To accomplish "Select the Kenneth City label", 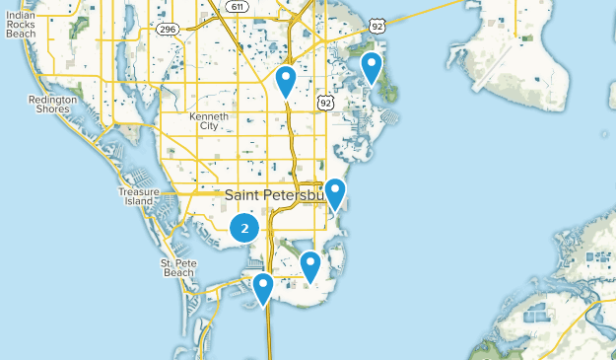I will click(x=208, y=121).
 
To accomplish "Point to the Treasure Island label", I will click(x=138, y=195).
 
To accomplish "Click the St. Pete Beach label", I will click(x=180, y=268).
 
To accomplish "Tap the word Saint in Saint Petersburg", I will click(x=241, y=194).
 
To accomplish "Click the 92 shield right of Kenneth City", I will click(x=325, y=102).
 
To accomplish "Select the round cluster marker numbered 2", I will click(x=244, y=229).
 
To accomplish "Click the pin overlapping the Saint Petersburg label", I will click(x=335, y=192).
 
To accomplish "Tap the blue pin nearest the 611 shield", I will click(x=286, y=79).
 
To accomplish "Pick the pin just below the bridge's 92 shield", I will click(x=372, y=66).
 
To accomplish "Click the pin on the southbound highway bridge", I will click(x=263, y=287).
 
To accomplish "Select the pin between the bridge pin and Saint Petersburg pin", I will click(x=310, y=264).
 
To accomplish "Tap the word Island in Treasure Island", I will click(x=138, y=201).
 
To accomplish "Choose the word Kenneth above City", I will click(x=208, y=116).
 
